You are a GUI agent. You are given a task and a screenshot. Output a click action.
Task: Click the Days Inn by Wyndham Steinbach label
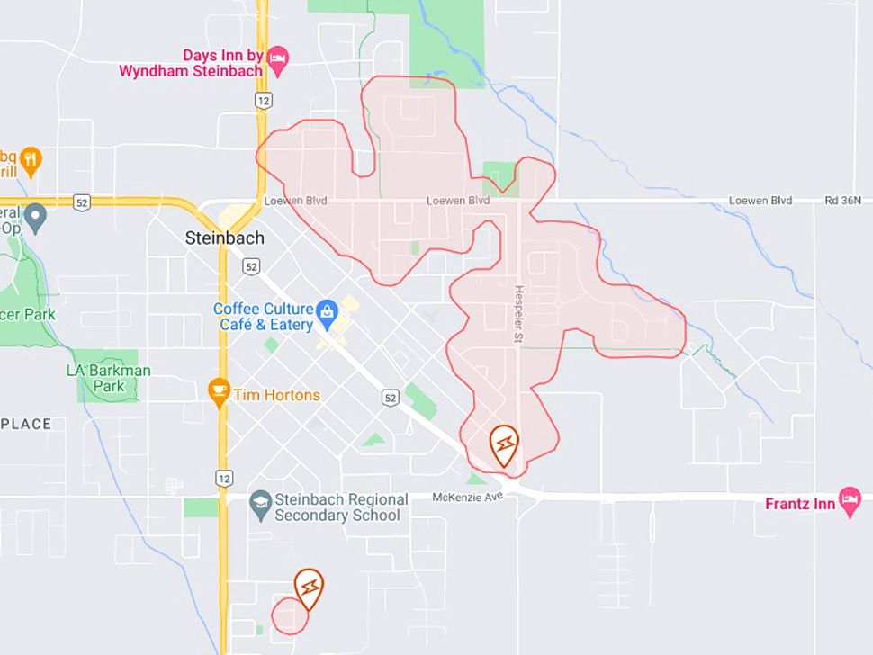tap(191, 63)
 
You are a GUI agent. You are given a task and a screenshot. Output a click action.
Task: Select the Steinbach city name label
tap(224, 238)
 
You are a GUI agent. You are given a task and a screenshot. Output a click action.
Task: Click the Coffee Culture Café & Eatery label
tap(263, 317)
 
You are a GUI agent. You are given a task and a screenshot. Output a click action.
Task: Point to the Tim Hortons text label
tap(276, 395)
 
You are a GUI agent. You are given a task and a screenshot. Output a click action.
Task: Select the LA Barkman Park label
tap(109, 378)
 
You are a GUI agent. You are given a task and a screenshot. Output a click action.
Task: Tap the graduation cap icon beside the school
tap(261, 502)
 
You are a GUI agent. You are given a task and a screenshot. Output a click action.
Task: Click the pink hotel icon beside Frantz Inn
tap(850, 500)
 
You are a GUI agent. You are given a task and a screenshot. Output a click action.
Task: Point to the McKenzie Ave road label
tap(466, 498)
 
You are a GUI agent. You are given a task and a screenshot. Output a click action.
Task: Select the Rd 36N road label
tap(843, 201)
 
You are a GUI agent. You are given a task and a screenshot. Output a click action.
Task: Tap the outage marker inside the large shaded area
tap(505, 444)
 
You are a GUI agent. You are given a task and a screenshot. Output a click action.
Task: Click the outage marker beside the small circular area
tap(309, 587)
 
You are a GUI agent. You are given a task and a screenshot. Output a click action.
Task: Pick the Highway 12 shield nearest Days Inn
tap(262, 102)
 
